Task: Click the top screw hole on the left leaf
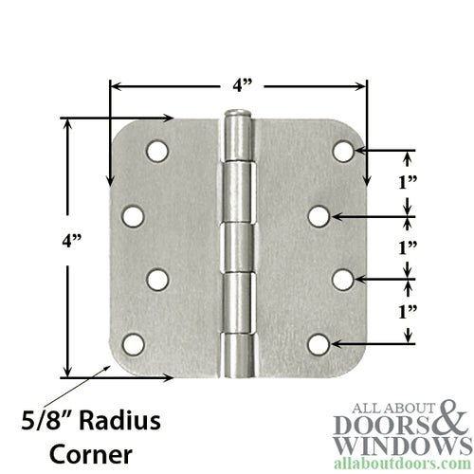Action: pyautogui.click(x=157, y=151)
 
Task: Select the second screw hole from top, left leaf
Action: pyautogui.click(x=133, y=217)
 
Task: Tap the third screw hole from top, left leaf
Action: pyautogui.click(x=157, y=280)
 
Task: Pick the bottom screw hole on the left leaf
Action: pyautogui.click(x=133, y=344)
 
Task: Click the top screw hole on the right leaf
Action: pyautogui.click(x=344, y=151)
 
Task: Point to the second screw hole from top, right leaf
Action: pyautogui.click(x=319, y=217)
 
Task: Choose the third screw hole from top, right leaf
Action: pyautogui.click(x=344, y=280)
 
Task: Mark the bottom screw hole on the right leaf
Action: pyautogui.click(x=319, y=344)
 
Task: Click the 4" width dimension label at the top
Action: pyautogui.click(x=243, y=85)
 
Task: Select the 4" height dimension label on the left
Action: pyautogui.click(x=72, y=241)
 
